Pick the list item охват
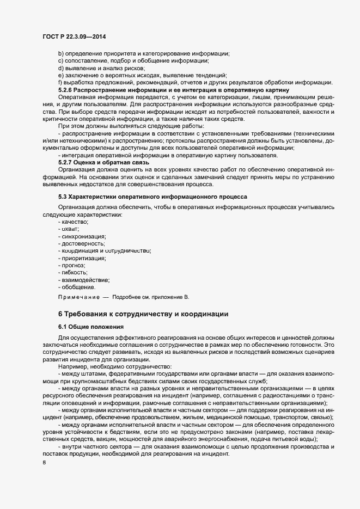[x=71, y=229]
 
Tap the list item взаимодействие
[x=85, y=279]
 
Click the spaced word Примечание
[x=78, y=297]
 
